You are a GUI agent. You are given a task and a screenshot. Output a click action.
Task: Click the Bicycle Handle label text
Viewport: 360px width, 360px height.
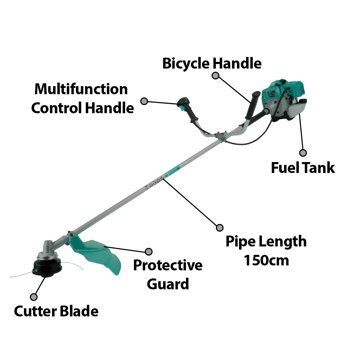212,64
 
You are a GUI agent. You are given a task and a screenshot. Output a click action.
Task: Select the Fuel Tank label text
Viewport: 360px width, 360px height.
304,168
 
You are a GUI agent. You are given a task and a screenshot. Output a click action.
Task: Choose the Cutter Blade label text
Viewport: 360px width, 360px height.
56,311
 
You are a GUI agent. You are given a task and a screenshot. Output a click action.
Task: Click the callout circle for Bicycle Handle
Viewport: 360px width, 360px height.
216,76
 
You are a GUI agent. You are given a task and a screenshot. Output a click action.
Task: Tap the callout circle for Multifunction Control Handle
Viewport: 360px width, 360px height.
144,101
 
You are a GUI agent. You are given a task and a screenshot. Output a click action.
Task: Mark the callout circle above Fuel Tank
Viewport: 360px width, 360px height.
303,153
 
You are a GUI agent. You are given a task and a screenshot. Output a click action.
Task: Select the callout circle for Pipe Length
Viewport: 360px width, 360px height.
220,227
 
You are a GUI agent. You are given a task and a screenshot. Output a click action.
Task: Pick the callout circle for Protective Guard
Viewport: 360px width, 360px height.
149,251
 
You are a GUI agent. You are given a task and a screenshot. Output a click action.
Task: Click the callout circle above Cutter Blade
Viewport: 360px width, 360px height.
34,297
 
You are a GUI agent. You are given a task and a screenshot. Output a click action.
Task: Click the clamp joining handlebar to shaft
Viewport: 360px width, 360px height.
219,135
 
